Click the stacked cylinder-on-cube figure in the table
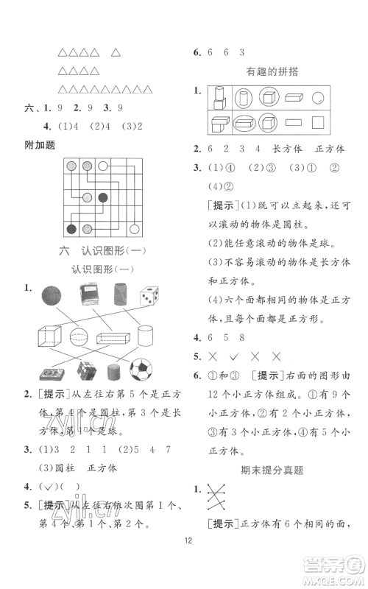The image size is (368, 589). [x=217, y=98]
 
